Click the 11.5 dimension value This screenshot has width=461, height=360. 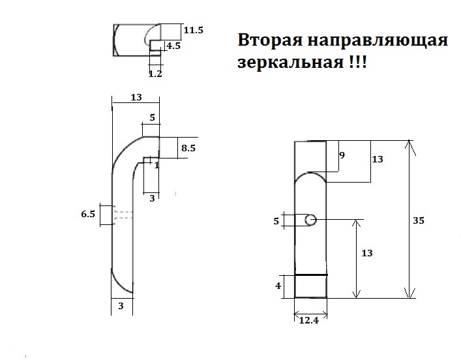194,31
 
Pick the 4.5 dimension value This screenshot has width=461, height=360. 173,46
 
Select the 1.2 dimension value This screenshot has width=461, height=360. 155,74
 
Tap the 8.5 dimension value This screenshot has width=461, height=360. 188,148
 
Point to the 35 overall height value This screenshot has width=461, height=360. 419,220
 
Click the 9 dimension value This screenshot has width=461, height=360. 342,155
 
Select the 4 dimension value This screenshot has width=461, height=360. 278,286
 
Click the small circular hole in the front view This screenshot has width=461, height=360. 312,220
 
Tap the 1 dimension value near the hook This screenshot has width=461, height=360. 156,165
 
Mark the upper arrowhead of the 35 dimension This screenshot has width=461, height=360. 409,143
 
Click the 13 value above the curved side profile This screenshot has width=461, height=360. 136,97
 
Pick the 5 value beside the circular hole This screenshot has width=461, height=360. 276,221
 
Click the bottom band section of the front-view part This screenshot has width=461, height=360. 310,286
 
